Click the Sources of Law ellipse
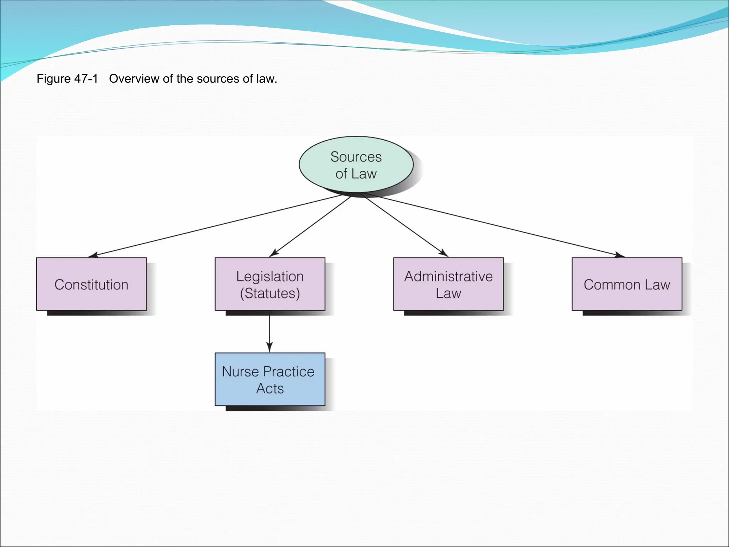point(356,165)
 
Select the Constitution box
point(91,284)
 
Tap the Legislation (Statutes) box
point(270,284)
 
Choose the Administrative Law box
point(449,284)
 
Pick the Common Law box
point(627,284)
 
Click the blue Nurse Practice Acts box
point(270,379)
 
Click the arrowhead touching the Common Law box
point(619,255)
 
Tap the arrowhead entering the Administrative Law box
point(444,253)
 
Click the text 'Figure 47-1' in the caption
point(67,79)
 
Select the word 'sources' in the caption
point(214,79)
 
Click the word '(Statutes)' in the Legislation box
point(270,293)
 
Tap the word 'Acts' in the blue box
point(270,389)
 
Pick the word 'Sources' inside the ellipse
point(356,157)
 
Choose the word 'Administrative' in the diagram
point(449,276)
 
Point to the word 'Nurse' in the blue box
point(240,371)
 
